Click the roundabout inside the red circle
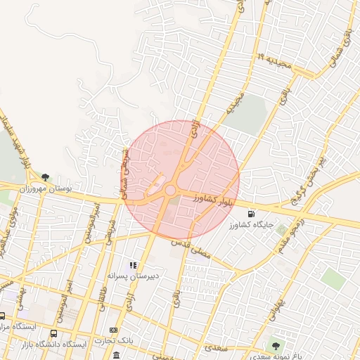171,190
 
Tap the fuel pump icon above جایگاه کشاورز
251,214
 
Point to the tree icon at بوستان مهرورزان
46,177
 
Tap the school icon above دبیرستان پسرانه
133,265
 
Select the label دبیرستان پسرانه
134,276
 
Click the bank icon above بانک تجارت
114,330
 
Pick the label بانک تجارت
115,340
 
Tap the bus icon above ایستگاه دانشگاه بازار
54,333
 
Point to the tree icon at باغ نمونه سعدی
276,345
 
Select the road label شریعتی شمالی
127,175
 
